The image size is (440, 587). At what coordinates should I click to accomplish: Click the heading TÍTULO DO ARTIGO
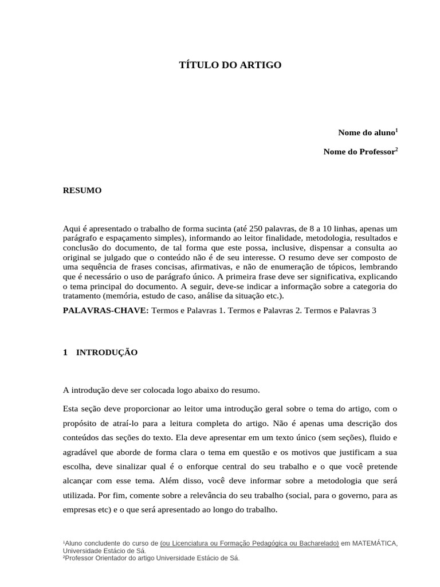tap(230, 65)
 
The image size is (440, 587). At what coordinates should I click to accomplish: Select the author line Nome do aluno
tap(367, 132)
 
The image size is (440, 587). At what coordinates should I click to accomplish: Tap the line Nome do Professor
tap(360, 152)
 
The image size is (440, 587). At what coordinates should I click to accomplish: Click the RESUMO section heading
tap(82, 190)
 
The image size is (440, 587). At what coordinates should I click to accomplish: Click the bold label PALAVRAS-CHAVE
tap(105, 310)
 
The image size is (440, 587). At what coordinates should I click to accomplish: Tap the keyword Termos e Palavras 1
tap(187, 310)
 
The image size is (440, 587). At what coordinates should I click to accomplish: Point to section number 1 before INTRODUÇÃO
tap(65, 353)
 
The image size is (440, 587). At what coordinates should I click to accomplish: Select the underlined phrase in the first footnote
tap(250, 543)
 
